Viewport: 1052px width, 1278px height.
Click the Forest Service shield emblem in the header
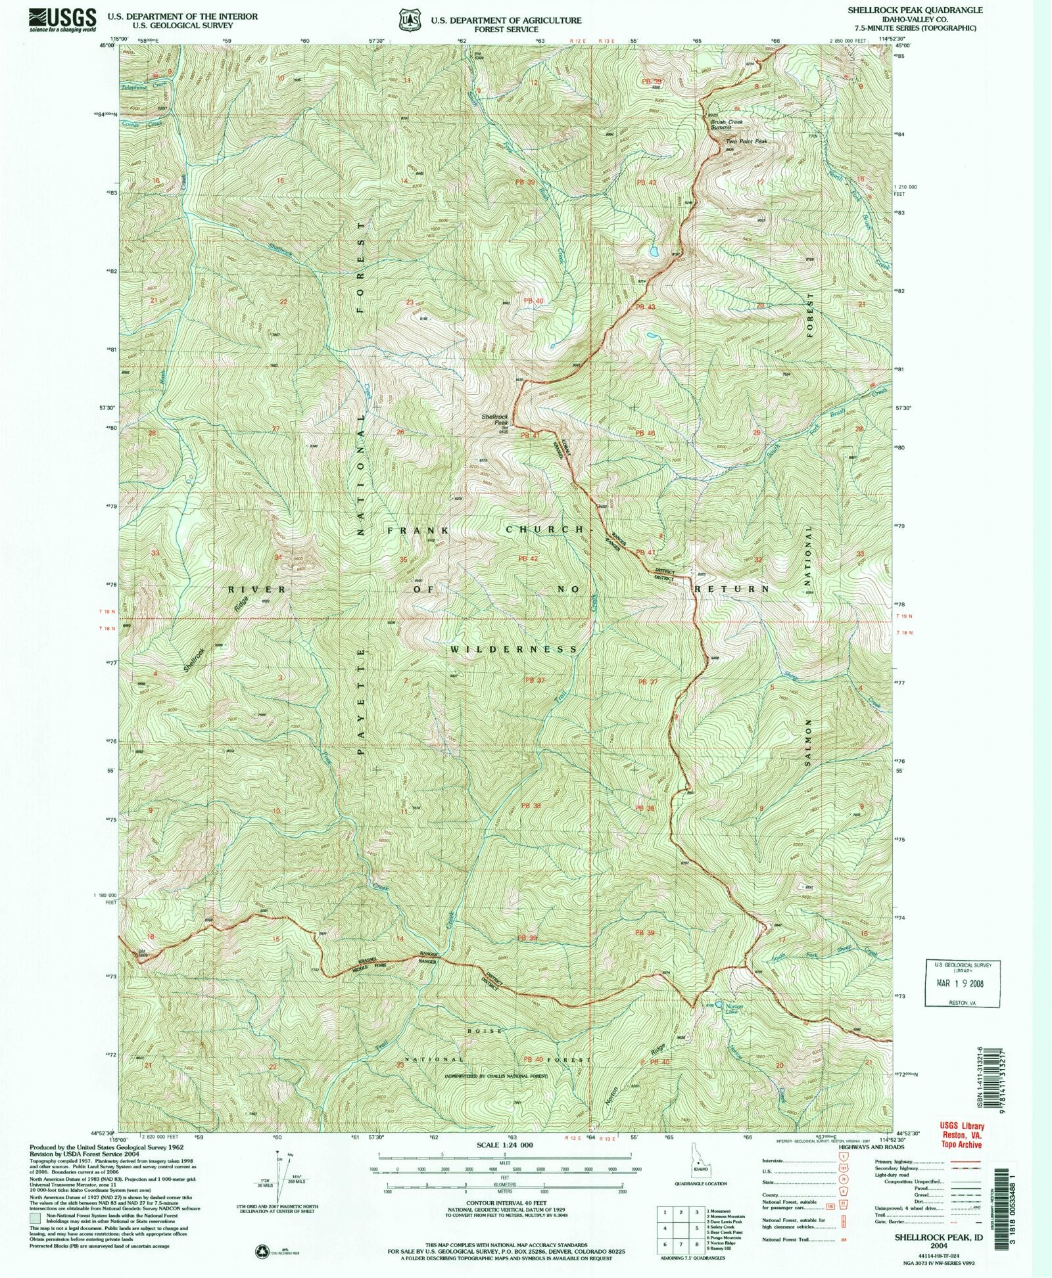click(x=412, y=20)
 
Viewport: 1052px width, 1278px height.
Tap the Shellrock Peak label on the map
click(x=495, y=419)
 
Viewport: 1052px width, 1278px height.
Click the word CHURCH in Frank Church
click(x=544, y=529)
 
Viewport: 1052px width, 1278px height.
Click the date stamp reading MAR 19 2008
click(x=963, y=984)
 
